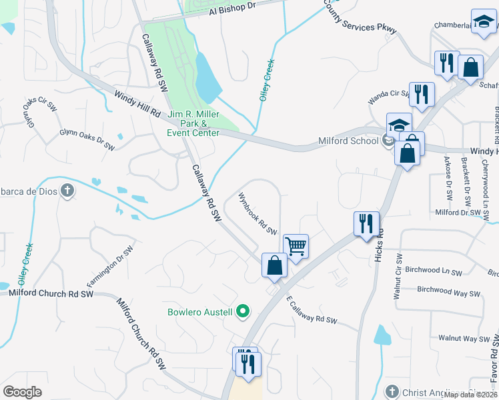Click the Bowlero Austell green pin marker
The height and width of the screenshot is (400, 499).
click(x=243, y=311)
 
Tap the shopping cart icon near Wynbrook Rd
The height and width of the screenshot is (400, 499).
click(x=296, y=246)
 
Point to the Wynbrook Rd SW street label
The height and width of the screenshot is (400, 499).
click(x=258, y=214)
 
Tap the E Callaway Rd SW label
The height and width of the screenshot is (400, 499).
click(x=313, y=311)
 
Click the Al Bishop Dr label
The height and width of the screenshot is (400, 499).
click(x=232, y=8)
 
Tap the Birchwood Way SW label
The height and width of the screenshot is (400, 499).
click(x=448, y=292)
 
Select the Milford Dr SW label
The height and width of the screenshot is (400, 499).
click(x=458, y=213)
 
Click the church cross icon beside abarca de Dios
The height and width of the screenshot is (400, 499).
click(x=67, y=191)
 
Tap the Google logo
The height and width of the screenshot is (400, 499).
click(x=23, y=392)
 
